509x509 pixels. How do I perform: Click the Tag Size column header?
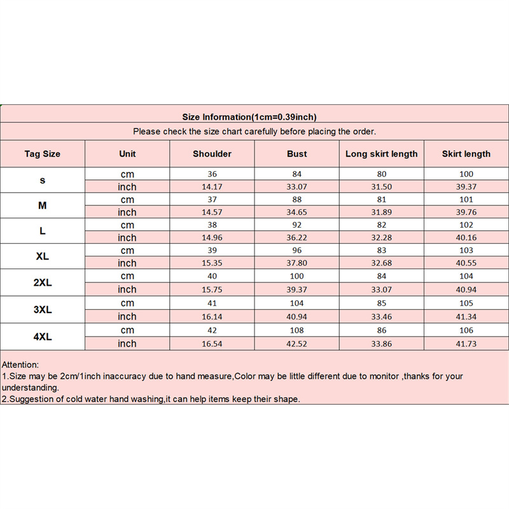[x=43, y=154]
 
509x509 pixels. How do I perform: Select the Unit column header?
[x=127, y=154]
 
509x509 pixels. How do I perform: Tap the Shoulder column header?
[x=212, y=154]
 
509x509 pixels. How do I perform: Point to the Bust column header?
[x=296, y=154]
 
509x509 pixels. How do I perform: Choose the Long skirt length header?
[x=381, y=154]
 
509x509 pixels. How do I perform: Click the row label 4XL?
[x=43, y=337]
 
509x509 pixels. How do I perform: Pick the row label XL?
[x=43, y=256]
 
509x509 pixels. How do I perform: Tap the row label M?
[x=43, y=206]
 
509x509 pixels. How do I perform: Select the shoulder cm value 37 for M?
[x=212, y=199]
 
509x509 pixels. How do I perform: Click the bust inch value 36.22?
[x=296, y=237]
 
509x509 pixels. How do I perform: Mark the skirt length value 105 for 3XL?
[x=466, y=303]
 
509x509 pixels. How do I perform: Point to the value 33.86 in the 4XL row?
[x=381, y=344]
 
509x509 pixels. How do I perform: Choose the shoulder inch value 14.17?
[x=212, y=186]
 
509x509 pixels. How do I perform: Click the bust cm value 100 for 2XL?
[x=296, y=276]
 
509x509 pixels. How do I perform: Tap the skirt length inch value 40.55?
[x=466, y=263]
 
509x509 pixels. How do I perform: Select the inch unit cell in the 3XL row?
[x=127, y=316]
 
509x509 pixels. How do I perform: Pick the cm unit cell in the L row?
[x=127, y=225]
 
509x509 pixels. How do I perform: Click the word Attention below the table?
[x=20, y=365]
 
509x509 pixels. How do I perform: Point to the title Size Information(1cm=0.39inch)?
[x=249, y=116]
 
